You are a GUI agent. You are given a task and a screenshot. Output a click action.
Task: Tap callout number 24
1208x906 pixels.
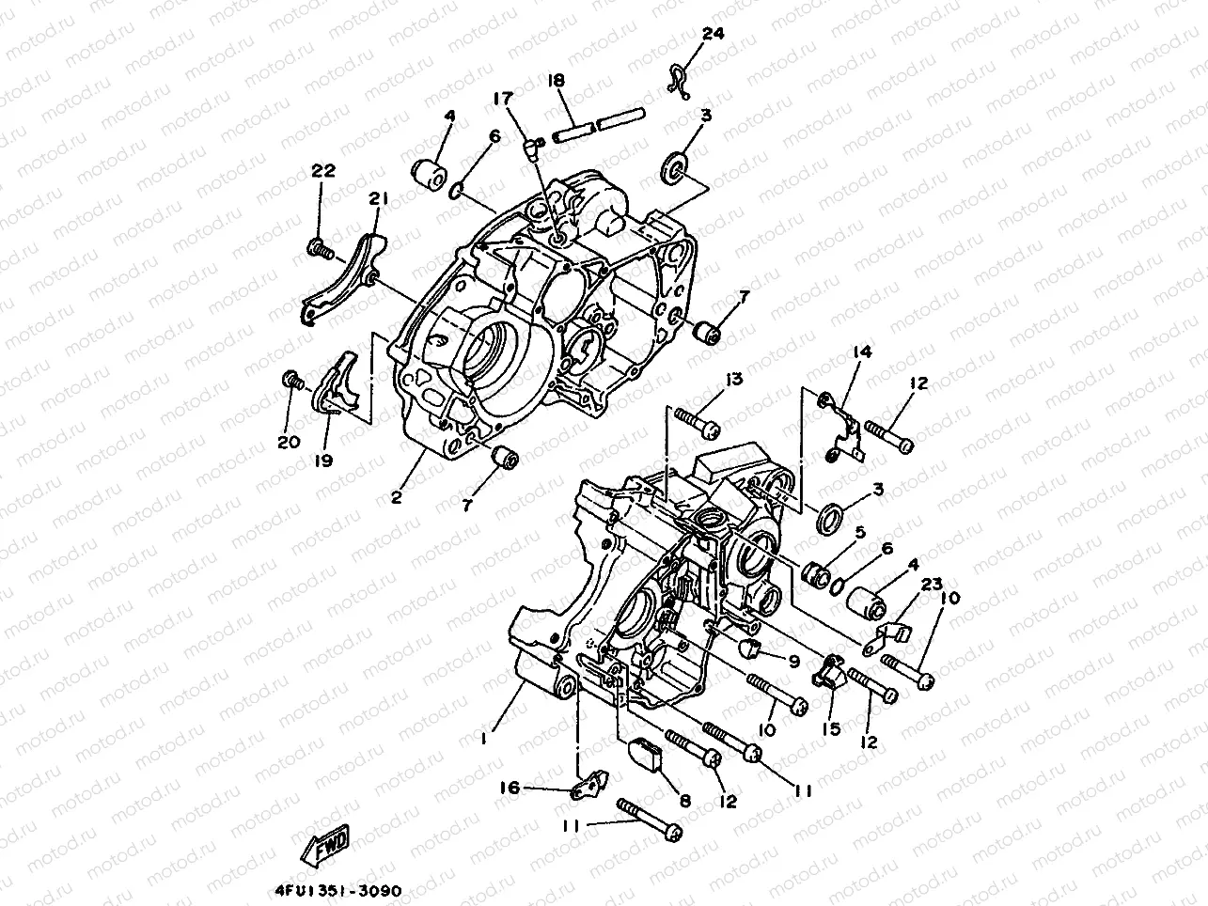[x=714, y=35]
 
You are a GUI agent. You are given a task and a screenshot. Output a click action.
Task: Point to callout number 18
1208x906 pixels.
[x=556, y=81]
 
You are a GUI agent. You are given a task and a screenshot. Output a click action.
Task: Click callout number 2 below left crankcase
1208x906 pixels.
[x=397, y=497]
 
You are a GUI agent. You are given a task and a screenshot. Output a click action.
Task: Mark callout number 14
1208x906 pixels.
[x=862, y=352]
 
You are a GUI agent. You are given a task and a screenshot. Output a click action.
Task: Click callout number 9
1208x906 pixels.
[x=794, y=662]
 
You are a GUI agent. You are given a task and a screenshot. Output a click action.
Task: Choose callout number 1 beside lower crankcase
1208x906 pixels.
[x=483, y=739]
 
